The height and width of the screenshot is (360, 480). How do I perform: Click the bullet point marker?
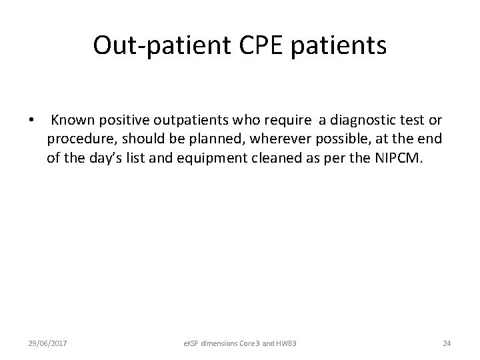pyautogui.click(x=31, y=121)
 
